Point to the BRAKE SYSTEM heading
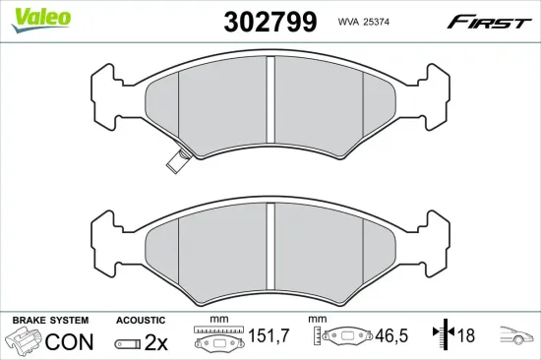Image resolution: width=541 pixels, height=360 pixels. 50,321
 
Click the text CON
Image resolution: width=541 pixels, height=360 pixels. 70,341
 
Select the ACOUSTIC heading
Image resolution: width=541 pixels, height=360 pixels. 139,321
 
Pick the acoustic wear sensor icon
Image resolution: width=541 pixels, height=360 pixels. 128,343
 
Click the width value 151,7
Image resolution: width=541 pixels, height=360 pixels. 267,337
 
